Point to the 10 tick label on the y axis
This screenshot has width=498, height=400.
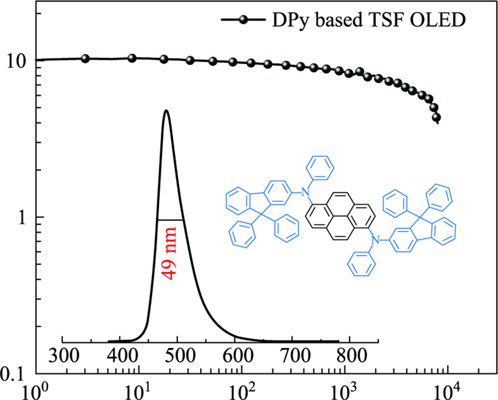coord(18,61)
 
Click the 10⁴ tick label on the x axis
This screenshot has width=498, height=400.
coord(447,390)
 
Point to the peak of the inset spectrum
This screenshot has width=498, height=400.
coord(166,111)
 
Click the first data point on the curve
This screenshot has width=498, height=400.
coord(85,59)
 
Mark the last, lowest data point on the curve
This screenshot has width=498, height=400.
coord(437,118)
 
